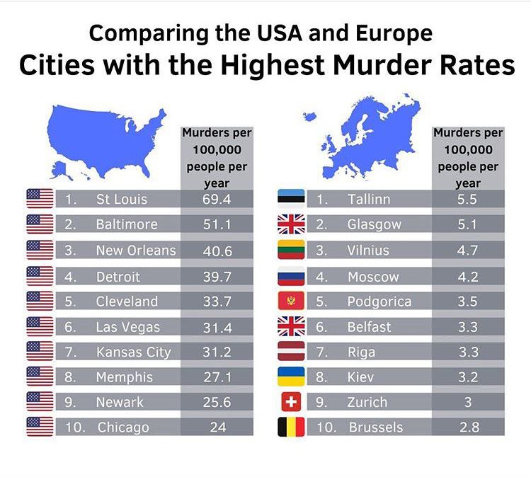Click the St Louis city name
click(122, 200)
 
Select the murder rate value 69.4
click(217, 200)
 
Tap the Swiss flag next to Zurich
click(290, 402)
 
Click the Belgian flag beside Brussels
click(290, 427)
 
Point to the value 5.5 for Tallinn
click(468, 200)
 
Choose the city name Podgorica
click(379, 301)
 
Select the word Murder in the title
click(397, 65)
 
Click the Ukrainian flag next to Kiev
click(290, 377)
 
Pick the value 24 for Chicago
click(217, 427)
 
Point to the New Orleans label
click(136, 251)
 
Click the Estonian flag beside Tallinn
click(290, 199)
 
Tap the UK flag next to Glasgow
click(290, 224)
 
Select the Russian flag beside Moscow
click(290, 276)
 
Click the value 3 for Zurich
click(468, 402)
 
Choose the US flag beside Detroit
click(40, 276)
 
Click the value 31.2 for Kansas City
click(217, 352)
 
